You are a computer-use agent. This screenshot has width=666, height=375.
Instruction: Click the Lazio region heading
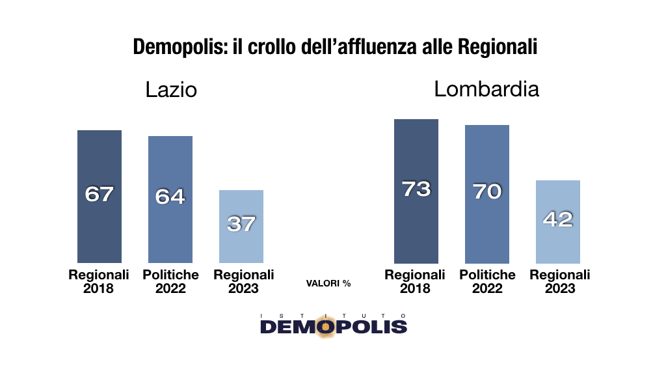pos(170,89)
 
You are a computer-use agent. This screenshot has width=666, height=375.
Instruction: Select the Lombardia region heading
pos(486,89)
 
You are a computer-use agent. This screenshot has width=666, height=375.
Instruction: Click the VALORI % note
pos(328,283)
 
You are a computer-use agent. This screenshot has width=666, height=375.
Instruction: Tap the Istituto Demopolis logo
pos(333,324)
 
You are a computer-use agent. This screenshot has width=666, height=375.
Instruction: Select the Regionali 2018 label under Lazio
pos(99,281)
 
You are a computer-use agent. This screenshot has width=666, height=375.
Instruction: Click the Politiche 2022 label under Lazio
pos(170,281)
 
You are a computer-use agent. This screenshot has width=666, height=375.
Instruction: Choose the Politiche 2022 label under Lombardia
pos(487,281)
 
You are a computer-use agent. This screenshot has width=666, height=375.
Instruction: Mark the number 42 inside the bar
pos(558,219)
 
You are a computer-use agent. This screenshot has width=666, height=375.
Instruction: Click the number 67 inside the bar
pos(100,194)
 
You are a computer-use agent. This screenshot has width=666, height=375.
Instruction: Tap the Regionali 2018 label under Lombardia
pos(415,281)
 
